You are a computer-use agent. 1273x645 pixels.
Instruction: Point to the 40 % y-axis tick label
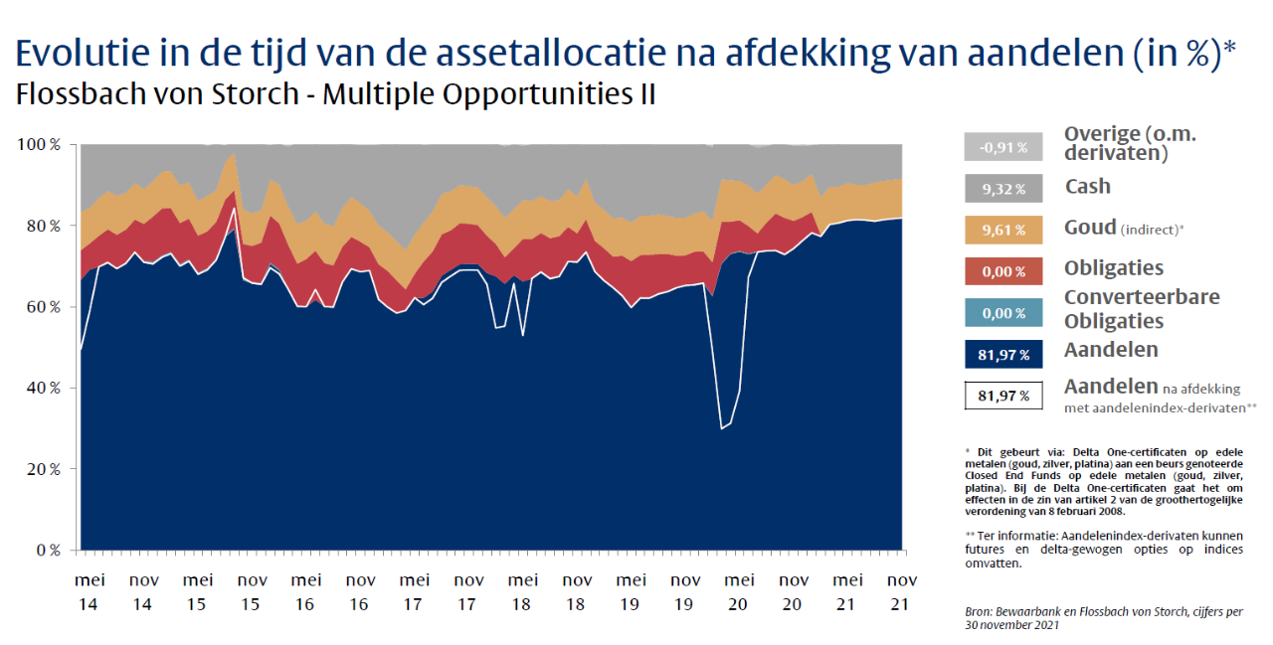(43, 388)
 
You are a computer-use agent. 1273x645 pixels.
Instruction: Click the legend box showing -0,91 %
(1002, 147)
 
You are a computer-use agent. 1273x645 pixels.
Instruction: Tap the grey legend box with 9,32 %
(1002, 188)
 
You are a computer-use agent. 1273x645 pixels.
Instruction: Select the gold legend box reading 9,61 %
(1002, 230)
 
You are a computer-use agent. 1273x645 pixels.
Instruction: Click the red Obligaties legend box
(1002, 271)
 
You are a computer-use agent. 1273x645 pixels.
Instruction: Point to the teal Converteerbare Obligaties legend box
(1002, 312)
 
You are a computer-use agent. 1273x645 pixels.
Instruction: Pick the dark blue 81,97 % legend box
(1002, 354)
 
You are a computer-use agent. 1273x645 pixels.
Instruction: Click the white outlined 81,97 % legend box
(1002, 396)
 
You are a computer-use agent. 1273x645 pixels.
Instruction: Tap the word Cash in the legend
(1087, 186)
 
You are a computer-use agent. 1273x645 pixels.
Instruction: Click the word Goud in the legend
(1090, 228)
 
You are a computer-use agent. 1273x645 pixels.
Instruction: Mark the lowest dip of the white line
(720, 428)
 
